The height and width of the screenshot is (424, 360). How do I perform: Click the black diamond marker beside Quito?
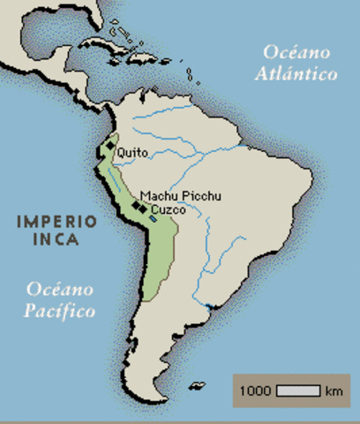pyautogui.click(x=110, y=147)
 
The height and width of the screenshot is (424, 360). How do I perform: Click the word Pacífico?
pyautogui.click(x=59, y=310)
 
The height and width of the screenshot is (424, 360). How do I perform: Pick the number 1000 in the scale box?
pyautogui.click(x=256, y=390)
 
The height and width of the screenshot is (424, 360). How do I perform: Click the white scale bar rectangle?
pyautogui.click(x=297, y=390)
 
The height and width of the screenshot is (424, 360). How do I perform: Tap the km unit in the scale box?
pyautogui.click(x=333, y=390)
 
